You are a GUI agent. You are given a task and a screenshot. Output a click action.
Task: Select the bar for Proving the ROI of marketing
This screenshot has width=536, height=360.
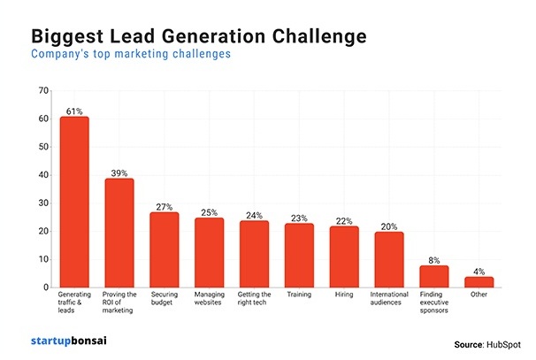click(x=119, y=233)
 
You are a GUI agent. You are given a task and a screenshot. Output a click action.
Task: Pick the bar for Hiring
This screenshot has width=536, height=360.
click(x=344, y=257)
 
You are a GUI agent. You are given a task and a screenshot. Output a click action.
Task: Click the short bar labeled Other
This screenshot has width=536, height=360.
click(x=479, y=282)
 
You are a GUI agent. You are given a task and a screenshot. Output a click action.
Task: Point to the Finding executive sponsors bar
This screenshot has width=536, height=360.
click(x=434, y=276)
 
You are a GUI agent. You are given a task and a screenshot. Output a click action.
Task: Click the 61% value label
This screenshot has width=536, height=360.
click(x=74, y=111)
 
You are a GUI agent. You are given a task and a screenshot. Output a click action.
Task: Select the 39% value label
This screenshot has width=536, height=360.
click(x=119, y=173)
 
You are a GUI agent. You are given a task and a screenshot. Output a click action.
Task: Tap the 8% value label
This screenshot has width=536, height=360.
click(x=434, y=260)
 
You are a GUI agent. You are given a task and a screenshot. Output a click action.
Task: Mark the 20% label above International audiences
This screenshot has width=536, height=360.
click(x=389, y=226)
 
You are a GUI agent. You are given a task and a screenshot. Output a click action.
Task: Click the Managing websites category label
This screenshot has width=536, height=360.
click(x=210, y=301)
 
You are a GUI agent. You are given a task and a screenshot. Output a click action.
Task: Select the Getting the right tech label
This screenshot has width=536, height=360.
click(x=254, y=301)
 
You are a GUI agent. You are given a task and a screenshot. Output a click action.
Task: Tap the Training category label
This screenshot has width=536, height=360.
click(x=299, y=296)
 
